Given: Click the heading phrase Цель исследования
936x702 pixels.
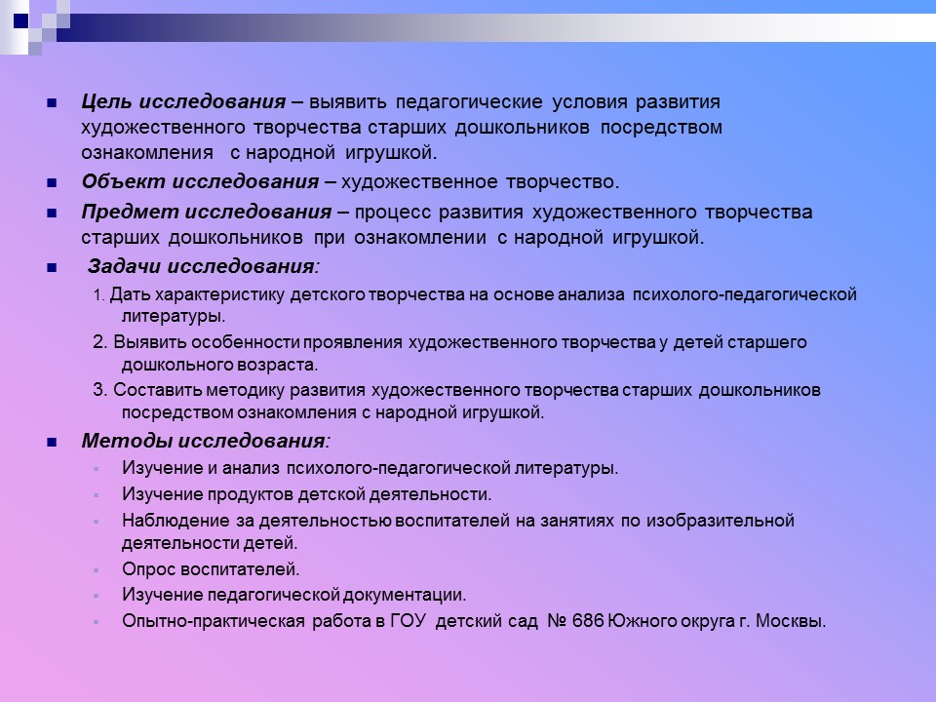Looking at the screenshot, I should point(183,102).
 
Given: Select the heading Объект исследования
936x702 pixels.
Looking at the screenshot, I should point(200,182).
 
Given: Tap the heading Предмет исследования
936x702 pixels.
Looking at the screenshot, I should point(207,213).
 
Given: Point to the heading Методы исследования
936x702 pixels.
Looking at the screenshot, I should point(206,441).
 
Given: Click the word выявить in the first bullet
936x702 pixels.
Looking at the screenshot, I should point(350,102).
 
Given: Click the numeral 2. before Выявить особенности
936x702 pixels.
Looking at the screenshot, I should point(100,342).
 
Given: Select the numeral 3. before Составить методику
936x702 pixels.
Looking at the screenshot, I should point(100,390).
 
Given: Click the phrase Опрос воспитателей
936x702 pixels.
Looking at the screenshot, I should point(211,569).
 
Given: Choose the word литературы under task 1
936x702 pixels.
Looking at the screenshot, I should point(174,317).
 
